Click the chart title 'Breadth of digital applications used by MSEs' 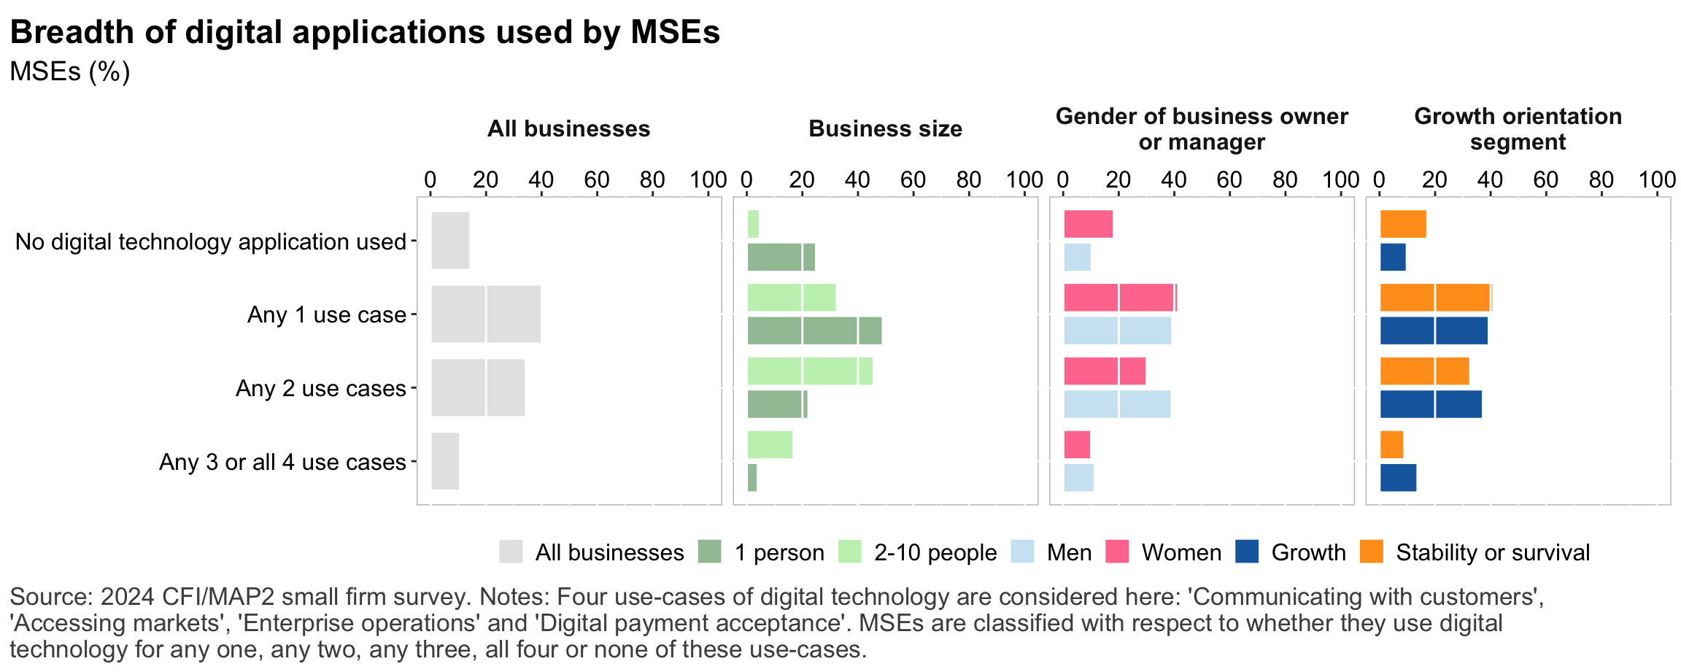pyautogui.click(x=365, y=33)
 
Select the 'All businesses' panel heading pyautogui.click(x=568, y=129)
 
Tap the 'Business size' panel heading pyautogui.click(x=885, y=129)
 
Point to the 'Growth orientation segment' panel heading pyautogui.click(x=1518, y=128)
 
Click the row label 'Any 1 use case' pyautogui.click(x=326, y=314)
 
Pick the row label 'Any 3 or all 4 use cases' pyautogui.click(x=282, y=462)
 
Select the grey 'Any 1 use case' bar pyautogui.click(x=486, y=314)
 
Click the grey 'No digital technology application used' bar pyautogui.click(x=450, y=241)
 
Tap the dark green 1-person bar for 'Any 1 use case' pyautogui.click(x=814, y=331)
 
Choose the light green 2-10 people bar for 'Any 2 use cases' pyautogui.click(x=810, y=371)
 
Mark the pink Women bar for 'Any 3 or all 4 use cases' pyautogui.click(x=1077, y=444)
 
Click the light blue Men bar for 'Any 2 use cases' pyautogui.click(x=1117, y=404)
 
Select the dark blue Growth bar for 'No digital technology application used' pyautogui.click(x=1393, y=258)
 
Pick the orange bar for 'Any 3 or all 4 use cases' pyautogui.click(x=1391, y=444)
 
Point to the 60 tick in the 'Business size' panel pyautogui.click(x=913, y=179)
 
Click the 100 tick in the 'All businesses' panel pyautogui.click(x=708, y=179)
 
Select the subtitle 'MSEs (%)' pyautogui.click(x=70, y=72)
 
